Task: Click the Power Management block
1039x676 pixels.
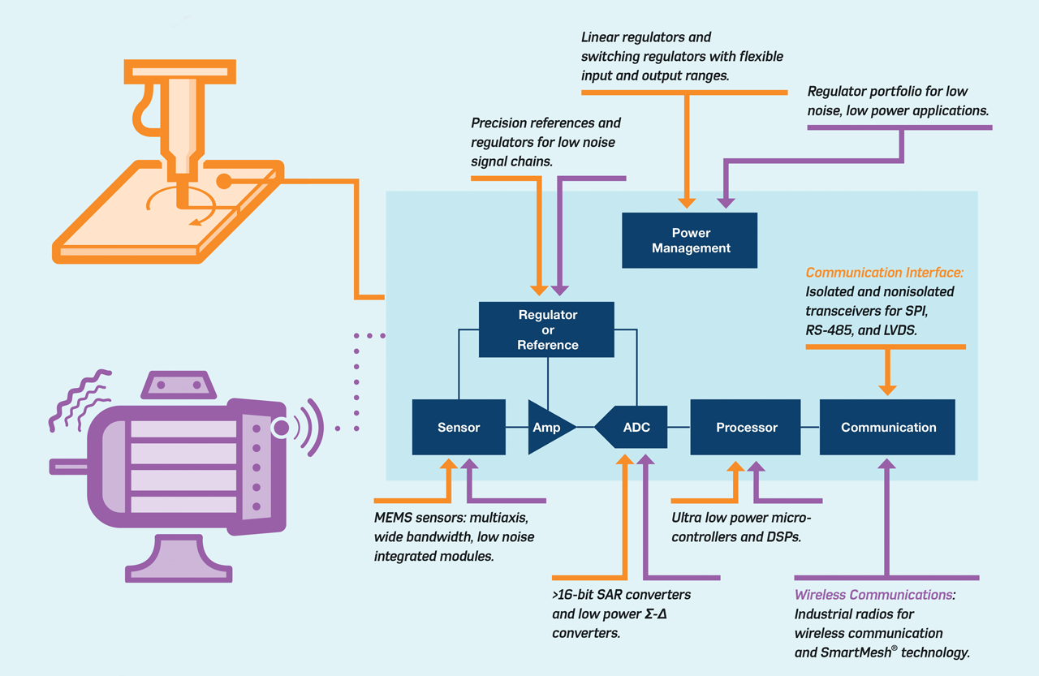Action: point(689,240)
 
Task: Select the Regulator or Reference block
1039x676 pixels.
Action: point(547,329)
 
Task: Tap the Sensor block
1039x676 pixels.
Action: point(459,427)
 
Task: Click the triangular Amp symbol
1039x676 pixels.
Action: point(548,427)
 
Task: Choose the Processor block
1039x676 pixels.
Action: point(746,427)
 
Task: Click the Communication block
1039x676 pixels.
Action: point(888,427)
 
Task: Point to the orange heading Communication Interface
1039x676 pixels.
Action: point(890,273)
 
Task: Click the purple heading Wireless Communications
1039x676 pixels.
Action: point(873,595)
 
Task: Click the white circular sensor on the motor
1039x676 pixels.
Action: point(281,427)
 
